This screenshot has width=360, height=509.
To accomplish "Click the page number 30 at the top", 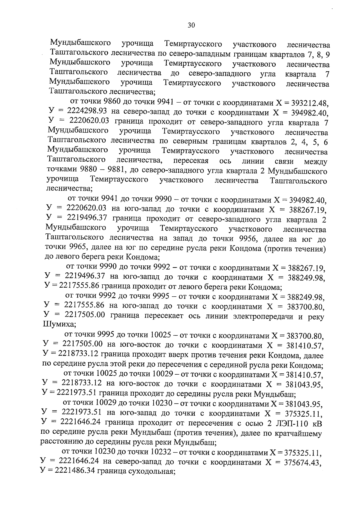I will click(x=191, y=25).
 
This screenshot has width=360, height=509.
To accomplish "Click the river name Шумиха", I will click(x=55, y=325).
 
